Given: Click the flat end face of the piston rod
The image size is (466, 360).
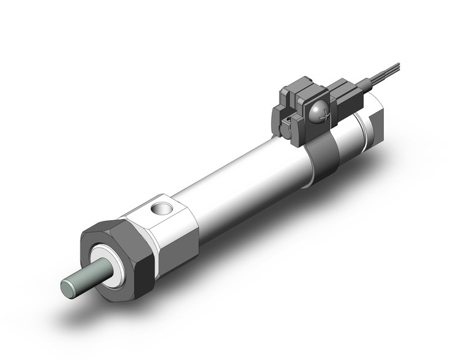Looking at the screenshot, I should click(x=70, y=287).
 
